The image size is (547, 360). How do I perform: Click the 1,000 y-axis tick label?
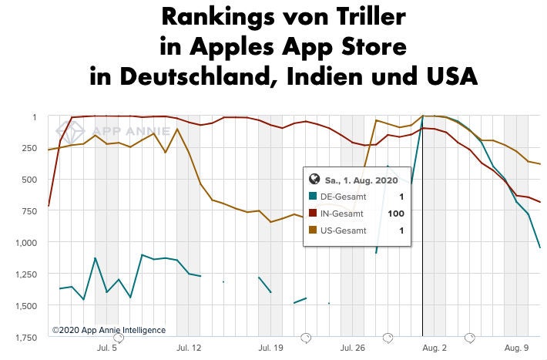25,242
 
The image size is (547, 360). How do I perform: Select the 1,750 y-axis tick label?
25,337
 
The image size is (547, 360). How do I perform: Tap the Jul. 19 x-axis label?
271,348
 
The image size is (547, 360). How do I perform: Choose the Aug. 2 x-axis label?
435,348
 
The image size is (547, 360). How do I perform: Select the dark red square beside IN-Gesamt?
313,214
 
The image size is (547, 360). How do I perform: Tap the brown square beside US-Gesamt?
313,230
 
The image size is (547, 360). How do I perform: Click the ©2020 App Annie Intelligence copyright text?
109,330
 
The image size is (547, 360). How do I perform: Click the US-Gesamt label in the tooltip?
344,230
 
